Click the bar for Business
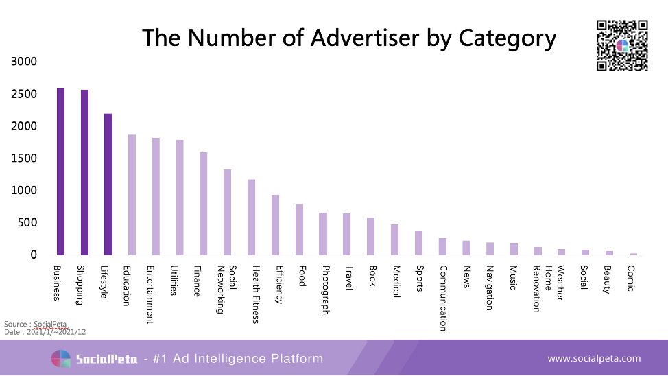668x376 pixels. click(60, 172)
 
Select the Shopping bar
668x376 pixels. click(84, 172)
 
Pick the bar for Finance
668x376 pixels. click(204, 203)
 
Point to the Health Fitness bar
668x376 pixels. click(251, 217)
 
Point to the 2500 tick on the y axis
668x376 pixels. click(24, 94)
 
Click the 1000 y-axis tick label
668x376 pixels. click(24, 191)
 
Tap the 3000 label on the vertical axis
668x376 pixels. click(24, 62)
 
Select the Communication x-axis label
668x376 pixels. click(443, 298)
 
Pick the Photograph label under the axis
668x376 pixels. click(324, 290)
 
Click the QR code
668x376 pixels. click(622, 46)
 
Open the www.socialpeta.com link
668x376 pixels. click(594, 358)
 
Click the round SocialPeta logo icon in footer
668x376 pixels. click(61, 359)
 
